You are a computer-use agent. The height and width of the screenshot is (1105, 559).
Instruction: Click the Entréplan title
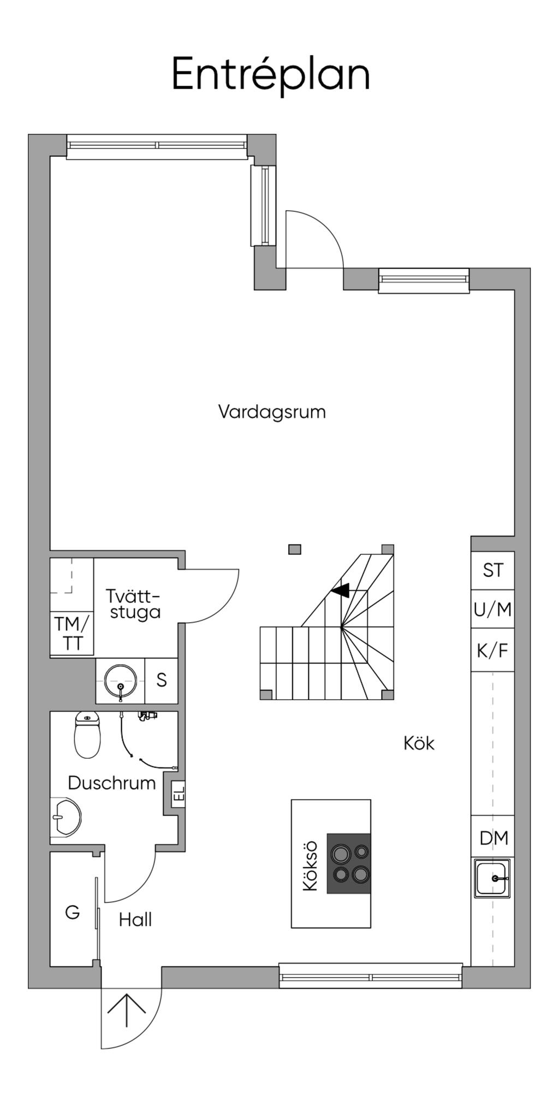click(271, 74)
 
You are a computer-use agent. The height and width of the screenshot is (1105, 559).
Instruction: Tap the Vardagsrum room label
click(272, 411)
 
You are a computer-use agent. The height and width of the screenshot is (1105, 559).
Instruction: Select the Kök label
click(419, 743)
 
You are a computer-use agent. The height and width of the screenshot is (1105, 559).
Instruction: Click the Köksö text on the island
click(310, 866)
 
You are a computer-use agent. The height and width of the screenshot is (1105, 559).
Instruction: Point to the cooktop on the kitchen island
click(349, 864)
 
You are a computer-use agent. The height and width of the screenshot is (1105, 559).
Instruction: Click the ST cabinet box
click(493, 570)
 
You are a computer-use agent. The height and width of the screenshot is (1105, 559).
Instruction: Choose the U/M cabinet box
click(493, 609)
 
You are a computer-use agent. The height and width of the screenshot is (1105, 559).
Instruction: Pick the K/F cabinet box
click(493, 650)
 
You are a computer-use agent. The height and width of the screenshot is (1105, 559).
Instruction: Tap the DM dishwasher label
click(493, 837)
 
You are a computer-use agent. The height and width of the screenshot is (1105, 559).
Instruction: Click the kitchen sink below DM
click(492, 878)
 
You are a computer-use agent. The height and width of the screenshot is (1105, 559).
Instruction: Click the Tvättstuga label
click(135, 604)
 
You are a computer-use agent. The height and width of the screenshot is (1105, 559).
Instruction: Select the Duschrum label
click(112, 783)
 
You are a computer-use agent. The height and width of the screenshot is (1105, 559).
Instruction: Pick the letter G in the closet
click(72, 912)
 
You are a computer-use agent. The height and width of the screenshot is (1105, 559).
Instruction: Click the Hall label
click(135, 920)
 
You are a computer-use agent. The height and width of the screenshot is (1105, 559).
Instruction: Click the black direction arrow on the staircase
click(341, 590)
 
